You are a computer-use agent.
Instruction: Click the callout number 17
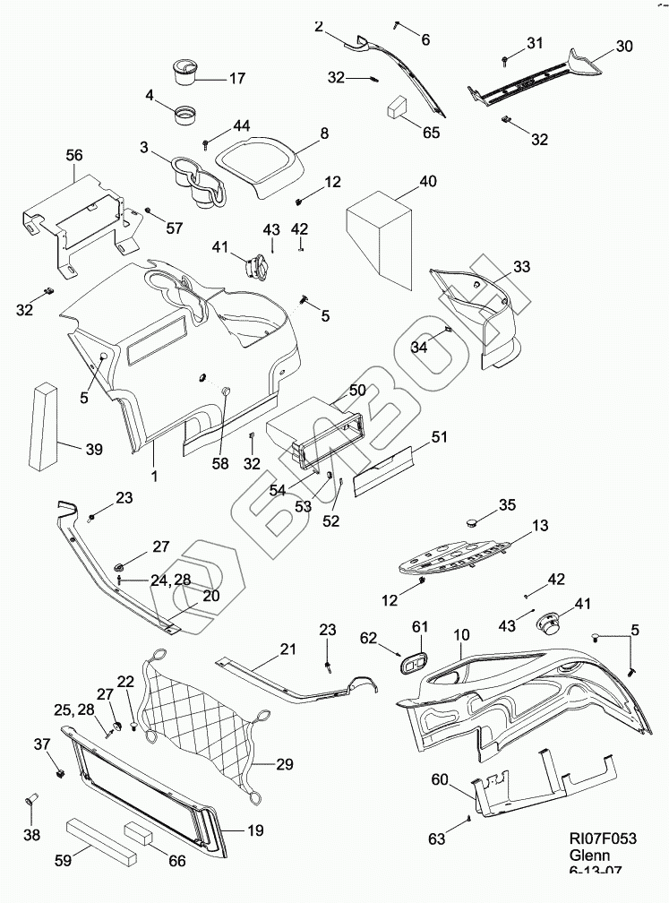pos(236,79)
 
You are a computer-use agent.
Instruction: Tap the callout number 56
pos(73,155)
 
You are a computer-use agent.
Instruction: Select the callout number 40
pos(428,181)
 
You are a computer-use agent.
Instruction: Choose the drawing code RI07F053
pos(603,838)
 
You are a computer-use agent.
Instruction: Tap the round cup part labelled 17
pos(185,70)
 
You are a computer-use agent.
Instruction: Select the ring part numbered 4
pos(186,116)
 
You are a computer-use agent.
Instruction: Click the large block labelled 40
pos(380,235)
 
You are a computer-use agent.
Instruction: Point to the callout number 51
pos(439,437)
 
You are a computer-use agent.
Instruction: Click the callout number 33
pos(521,267)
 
